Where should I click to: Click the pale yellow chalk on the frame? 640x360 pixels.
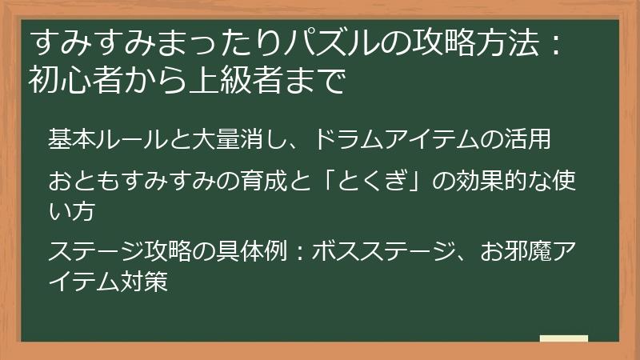[x=564, y=338]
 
